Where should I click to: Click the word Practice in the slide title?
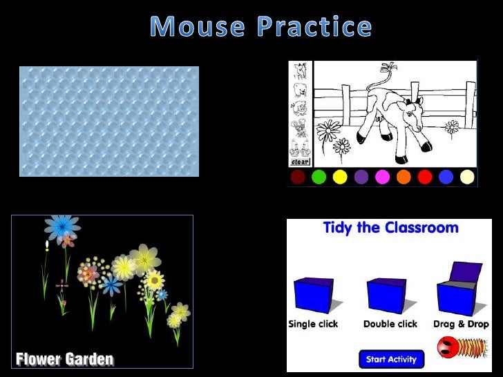click(x=315, y=27)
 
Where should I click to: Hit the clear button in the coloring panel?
click(x=300, y=162)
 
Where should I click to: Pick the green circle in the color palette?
click(x=319, y=177)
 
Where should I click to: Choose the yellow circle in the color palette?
click(x=340, y=177)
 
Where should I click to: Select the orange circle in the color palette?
click(x=404, y=177)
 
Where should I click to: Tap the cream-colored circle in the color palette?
click(x=468, y=177)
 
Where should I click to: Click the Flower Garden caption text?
click(x=64, y=359)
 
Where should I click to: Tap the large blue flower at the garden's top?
click(x=62, y=226)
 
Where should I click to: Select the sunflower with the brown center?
click(x=154, y=280)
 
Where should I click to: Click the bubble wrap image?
click(x=109, y=122)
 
